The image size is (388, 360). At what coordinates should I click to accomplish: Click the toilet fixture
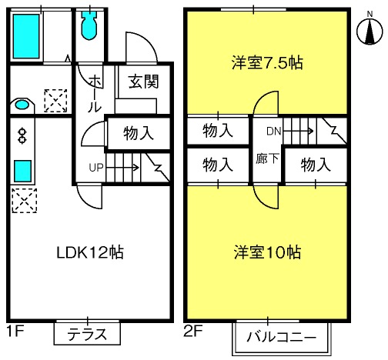pos(89,25)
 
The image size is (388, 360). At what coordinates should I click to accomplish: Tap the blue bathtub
pos(26,36)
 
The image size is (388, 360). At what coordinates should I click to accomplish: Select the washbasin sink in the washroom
pos(22,105)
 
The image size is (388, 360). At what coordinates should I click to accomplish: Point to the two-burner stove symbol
pos(22,135)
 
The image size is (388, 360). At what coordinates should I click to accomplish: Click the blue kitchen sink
pos(22,171)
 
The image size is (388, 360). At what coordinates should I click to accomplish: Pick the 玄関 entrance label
pos(144,82)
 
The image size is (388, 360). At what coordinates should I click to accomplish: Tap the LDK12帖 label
pos(90,252)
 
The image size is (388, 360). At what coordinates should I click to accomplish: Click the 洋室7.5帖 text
pos(267,62)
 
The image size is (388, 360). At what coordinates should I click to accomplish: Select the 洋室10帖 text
pos(267,252)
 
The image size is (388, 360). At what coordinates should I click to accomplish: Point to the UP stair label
pos(96,168)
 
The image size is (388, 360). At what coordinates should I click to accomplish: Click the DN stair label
pos(274,132)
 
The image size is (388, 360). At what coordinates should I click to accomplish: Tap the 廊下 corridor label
pos(267,158)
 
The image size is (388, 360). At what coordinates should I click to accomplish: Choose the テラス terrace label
pos(87,335)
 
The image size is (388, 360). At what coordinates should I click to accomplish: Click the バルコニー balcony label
pos(281,337)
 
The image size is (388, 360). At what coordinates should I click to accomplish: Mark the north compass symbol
pos(370,30)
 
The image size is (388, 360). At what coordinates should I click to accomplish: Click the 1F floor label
pos(15,331)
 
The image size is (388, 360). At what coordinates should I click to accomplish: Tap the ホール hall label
pos(95,94)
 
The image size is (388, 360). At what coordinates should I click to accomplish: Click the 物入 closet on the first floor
pos(139,133)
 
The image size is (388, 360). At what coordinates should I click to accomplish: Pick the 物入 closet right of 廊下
pos(316,165)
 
